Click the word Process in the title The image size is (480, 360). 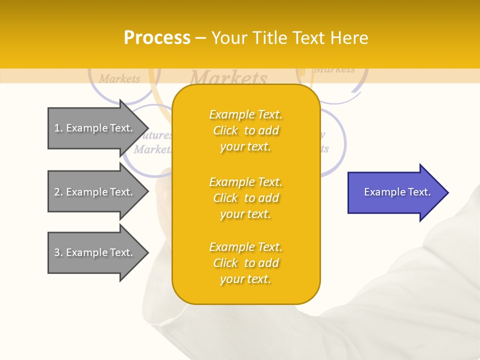(x=157, y=38)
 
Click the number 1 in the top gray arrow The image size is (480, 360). (x=57, y=128)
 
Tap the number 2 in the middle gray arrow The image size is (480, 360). (x=57, y=192)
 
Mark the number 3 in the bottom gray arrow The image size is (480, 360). (x=57, y=252)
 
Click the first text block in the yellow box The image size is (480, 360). (x=246, y=130)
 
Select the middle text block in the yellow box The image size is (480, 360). (x=246, y=198)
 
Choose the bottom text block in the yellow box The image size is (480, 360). (x=246, y=263)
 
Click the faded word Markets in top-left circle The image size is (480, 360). (x=119, y=79)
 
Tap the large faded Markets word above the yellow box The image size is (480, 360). (x=229, y=78)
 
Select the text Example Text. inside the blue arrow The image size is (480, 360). (x=397, y=192)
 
